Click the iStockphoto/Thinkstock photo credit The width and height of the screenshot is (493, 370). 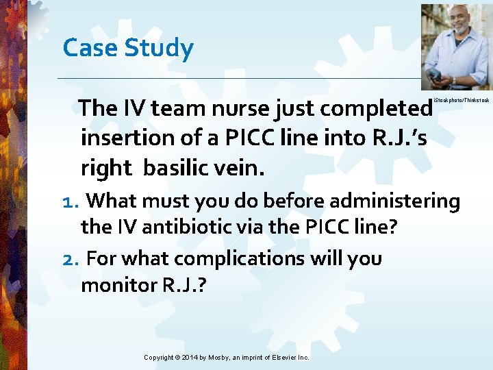coord(462,100)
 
